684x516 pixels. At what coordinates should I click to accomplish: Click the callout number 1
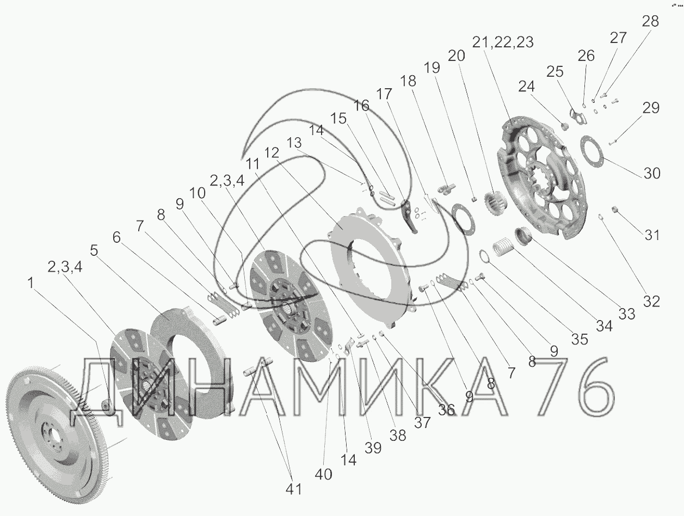(30, 283)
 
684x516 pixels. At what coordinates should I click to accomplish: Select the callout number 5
(94, 250)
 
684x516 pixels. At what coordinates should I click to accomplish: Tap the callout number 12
(272, 153)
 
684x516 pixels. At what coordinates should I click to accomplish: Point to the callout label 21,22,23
(503, 42)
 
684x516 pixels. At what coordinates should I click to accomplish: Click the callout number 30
(651, 173)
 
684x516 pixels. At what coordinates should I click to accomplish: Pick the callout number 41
(294, 489)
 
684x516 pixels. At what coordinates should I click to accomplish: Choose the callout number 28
(650, 22)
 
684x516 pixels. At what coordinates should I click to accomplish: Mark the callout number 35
(580, 339)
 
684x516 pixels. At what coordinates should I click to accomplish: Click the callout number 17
(384, 94)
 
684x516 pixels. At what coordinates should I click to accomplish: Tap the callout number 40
(323, 475)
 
